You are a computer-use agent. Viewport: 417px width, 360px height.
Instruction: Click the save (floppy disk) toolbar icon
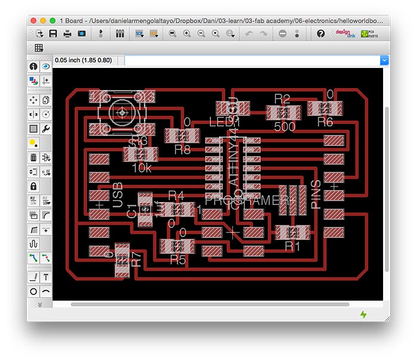[54, 34]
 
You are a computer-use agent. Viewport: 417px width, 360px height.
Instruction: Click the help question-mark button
[321, 34]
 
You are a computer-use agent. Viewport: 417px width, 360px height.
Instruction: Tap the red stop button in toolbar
[282, 34]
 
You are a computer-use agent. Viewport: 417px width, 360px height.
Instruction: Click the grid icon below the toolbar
[39, 48]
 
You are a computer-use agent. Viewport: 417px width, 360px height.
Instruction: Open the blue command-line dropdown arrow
[384, 60]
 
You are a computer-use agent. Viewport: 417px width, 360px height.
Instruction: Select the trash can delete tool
[33, 157]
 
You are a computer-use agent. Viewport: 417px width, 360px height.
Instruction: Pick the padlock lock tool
[33, 186]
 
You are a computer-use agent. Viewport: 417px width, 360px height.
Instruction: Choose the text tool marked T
[45, 277]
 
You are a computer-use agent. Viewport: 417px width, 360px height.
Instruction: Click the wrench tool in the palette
[45, 128]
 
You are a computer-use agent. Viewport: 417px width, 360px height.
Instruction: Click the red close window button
[35, 20]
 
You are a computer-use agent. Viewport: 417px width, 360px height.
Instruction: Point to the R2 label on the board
[282, 98]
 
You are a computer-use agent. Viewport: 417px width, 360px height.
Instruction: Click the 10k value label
[142, 167]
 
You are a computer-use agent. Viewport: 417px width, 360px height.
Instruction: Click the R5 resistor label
[178, 259]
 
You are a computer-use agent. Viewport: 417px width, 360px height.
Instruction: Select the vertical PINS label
[316, 194]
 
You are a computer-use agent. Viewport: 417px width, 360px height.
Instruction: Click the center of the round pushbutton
[122, 111]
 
